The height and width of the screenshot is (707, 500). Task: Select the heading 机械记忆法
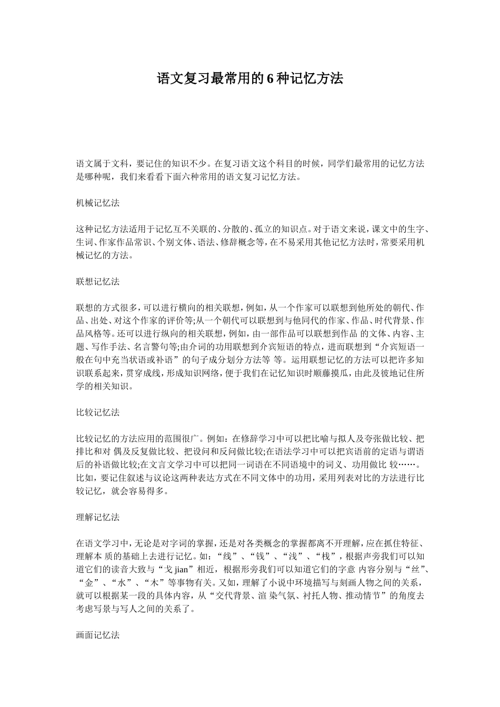98,203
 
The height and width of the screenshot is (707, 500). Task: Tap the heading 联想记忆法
98,281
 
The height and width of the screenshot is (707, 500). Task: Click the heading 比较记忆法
98,412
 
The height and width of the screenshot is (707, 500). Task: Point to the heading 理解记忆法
98,517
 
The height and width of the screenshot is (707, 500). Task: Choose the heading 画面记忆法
98,635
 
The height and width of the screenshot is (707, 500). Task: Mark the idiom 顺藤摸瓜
316,373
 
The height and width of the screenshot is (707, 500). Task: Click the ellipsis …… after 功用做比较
409,465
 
